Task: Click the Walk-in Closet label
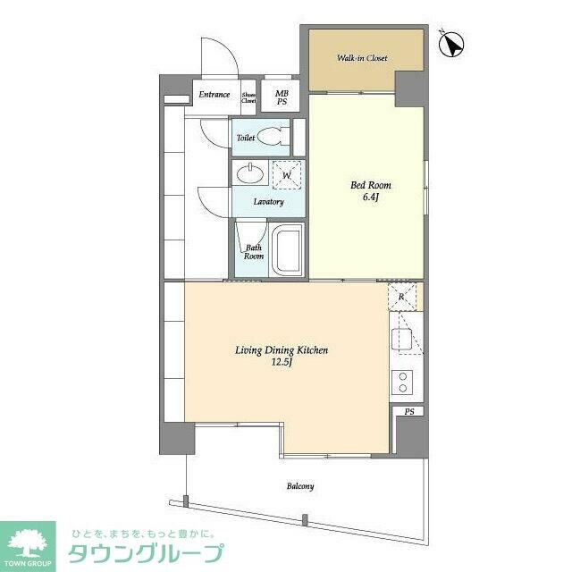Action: tap(362, 59)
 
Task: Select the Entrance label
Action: tap(214, 95)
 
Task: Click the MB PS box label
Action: tap(282, 97)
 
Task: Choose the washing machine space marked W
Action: tap(286, 175)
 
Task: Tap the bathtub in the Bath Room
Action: tap(288, 249)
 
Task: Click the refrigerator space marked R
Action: tap(402, 296)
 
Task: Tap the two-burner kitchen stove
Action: tap(402, 383)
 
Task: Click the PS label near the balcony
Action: tap(409, 412)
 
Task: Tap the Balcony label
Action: tap(299, 486)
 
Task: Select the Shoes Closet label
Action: tap(249, 98)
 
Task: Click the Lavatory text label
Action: tap(268, 202)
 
